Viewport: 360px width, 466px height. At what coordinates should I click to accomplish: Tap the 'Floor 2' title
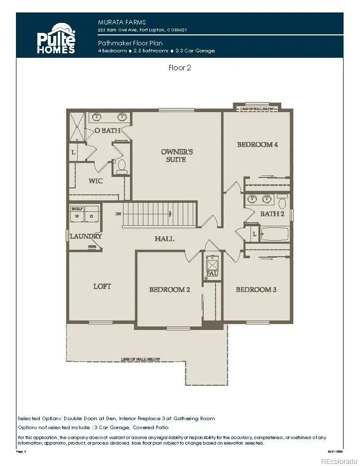pos(179,68)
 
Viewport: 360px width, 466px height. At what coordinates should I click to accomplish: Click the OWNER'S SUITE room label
pos(177,155)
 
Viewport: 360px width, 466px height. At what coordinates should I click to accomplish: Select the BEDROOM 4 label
pos(257,145)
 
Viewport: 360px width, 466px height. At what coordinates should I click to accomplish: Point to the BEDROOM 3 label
pos(256,290)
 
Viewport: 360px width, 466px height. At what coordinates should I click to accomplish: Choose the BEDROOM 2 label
pos(170,290)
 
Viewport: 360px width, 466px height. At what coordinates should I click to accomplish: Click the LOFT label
pos(102,286)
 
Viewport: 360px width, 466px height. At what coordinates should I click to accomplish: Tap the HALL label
pos(164,239)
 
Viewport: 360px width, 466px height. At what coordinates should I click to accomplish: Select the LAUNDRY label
pos(86,236)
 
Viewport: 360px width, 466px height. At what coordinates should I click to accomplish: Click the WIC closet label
pos(96,180)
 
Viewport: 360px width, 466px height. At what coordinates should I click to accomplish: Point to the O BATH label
pos(108,131)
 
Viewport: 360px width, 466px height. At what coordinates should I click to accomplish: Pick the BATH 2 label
pos(272,214)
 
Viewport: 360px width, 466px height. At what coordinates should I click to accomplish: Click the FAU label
pos(212,273)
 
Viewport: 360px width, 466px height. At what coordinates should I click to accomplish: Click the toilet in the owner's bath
pos(121,167)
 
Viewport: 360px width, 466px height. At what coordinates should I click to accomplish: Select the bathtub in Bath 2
pos(274,234)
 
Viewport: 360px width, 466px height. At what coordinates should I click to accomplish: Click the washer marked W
pos(77,216)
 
